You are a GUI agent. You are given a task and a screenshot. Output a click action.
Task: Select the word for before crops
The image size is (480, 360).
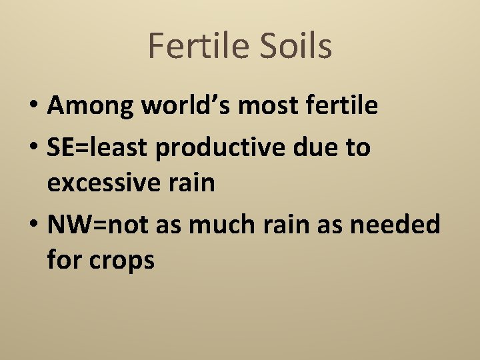(x=65, y=259)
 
